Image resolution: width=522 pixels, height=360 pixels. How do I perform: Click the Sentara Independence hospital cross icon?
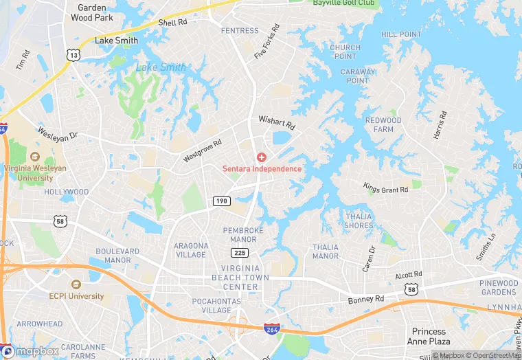(261, 157)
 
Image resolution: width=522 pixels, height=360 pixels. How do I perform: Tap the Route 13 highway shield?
(73, 54)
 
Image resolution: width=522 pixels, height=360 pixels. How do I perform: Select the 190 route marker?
(221, 201)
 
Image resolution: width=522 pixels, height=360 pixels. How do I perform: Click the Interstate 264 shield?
(272, 330)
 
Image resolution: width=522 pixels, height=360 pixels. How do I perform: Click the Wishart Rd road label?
(276, 124)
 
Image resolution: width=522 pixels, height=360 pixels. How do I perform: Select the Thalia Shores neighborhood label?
(359, 221)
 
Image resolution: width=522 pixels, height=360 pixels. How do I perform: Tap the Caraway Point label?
(358, 76)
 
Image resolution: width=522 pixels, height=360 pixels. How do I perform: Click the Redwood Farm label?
(383, 124)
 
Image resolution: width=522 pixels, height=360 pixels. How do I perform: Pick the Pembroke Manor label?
(240, 235)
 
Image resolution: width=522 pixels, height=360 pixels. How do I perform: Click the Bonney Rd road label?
(366, 300)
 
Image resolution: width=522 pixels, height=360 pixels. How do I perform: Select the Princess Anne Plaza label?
(431, 336)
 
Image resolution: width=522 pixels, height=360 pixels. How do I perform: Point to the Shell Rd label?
(173, 23)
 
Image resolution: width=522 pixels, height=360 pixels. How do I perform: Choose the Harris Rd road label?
(440, 125)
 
